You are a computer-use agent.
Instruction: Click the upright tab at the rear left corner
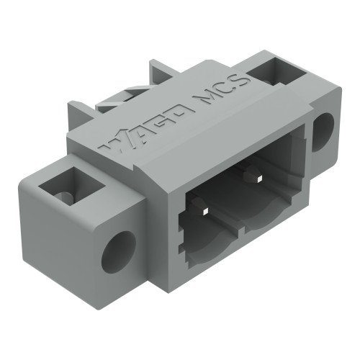(81, 115)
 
